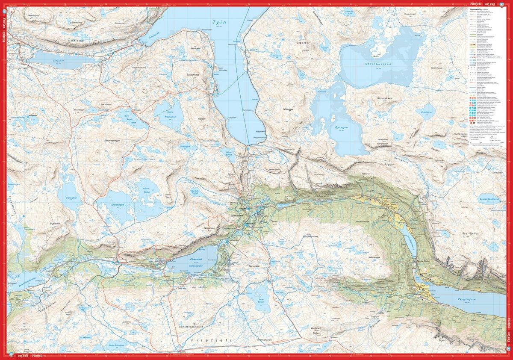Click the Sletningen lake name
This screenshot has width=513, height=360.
120,205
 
